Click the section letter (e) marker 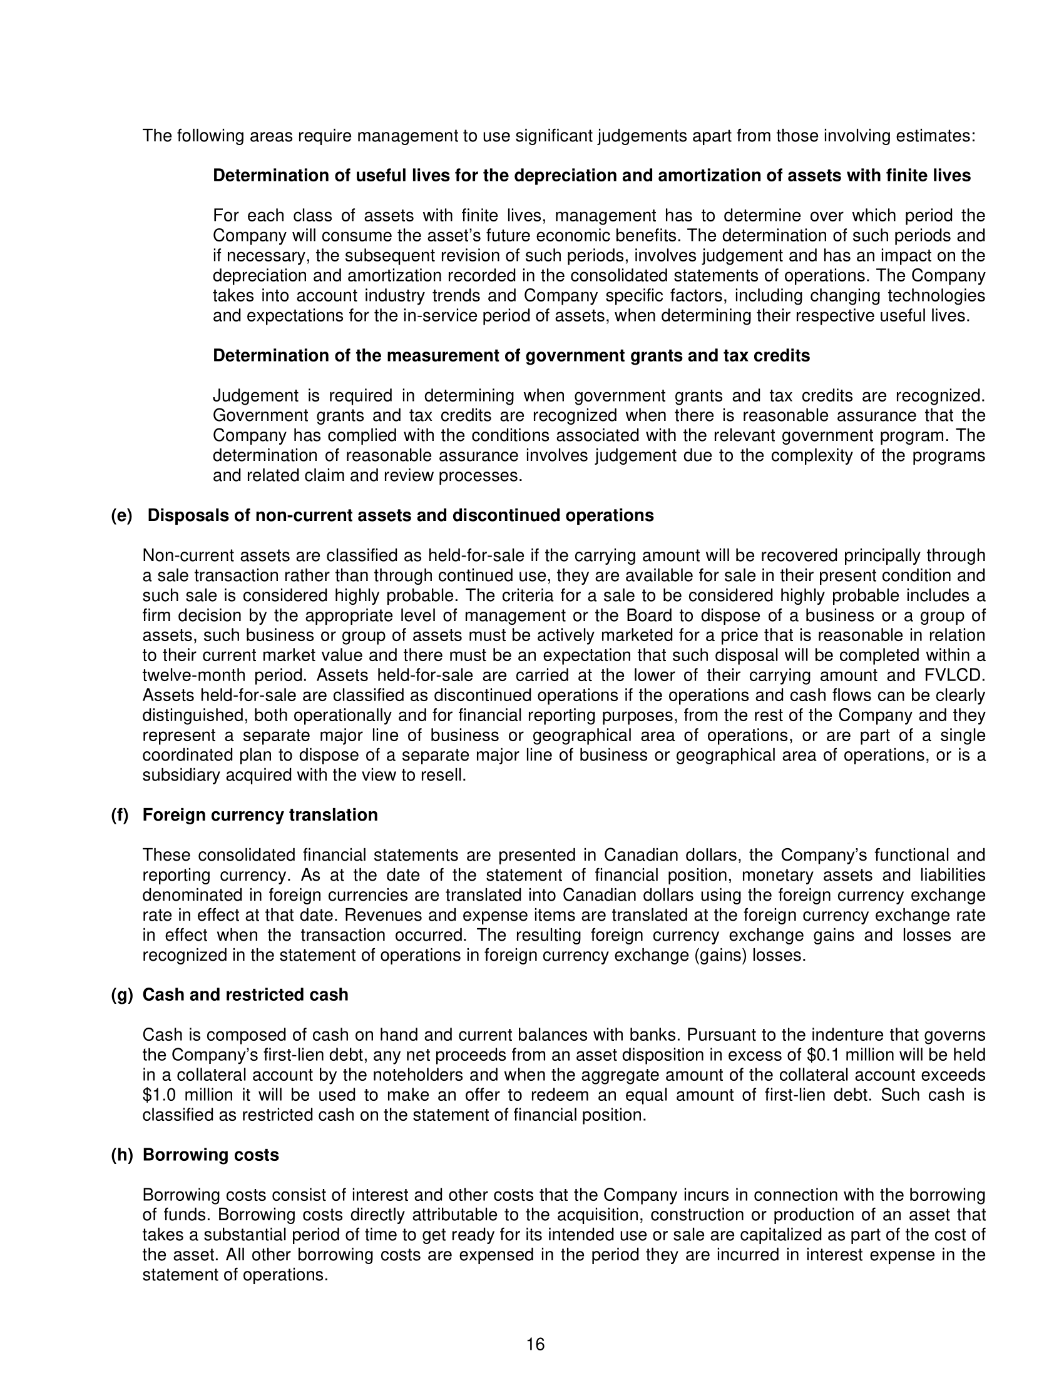[121, 515]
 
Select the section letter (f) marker [120, 814]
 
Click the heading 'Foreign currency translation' [260, 814]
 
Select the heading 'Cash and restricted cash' [245, 994]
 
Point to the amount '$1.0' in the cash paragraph [158, 1095]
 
